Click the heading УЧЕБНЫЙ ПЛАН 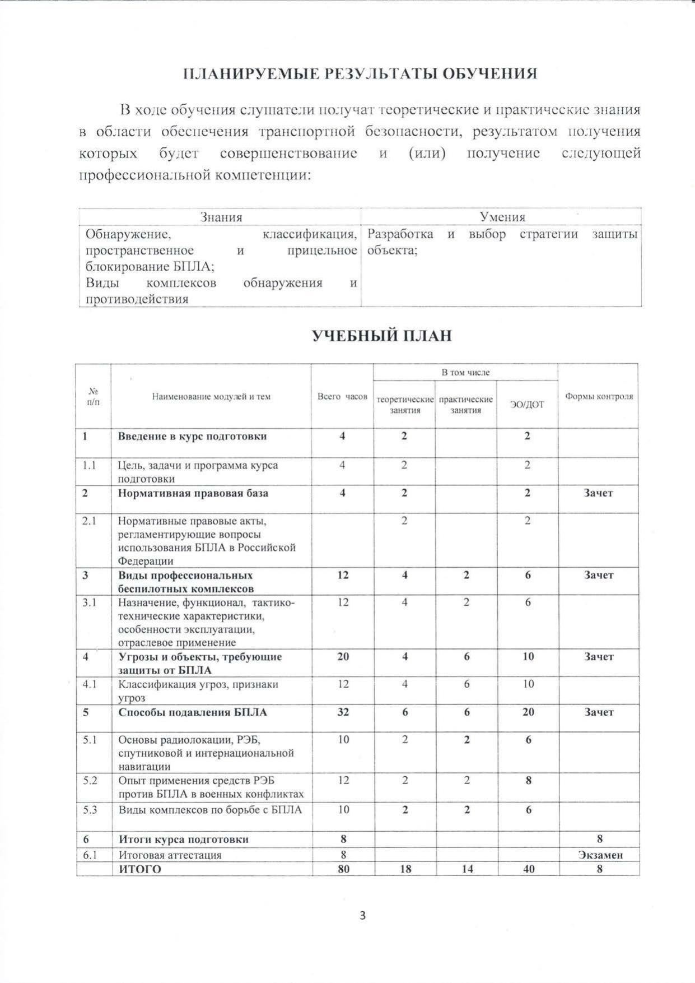pos(381,336)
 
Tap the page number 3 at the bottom pos(362,916)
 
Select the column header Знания pos(221,217)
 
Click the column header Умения pos(502,217)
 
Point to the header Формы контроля pos(599,396)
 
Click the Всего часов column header pos(342,396)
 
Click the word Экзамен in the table pos(600,855)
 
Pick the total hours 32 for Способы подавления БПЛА pos(343,712)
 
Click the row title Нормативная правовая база pos(193,493)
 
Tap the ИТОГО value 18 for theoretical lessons pos(405,869)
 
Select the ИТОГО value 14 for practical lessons pos(467,869)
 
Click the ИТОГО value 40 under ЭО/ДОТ pos(528,869)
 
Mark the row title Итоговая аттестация pos(170,855)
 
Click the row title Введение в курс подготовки pos(192,436)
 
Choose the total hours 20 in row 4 pos(343,656)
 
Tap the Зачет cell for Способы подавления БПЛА pos(599,712)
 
